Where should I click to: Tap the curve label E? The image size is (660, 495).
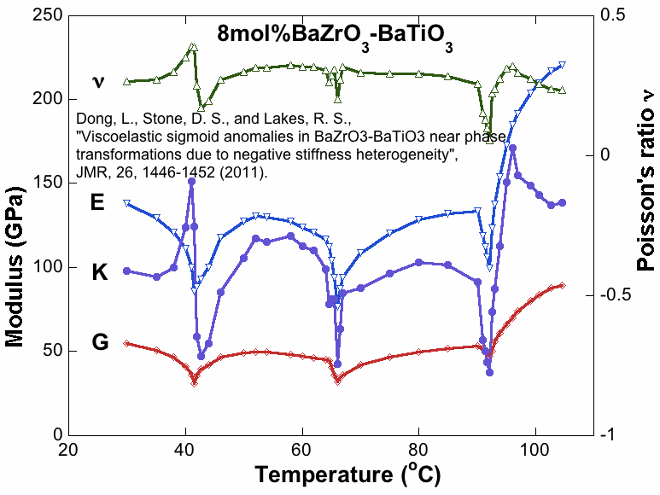(99, 204)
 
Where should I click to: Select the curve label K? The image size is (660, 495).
(100, 273)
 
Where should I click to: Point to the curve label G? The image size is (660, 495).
(100, 343)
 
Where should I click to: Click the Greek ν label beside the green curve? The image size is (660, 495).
(98, 82)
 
